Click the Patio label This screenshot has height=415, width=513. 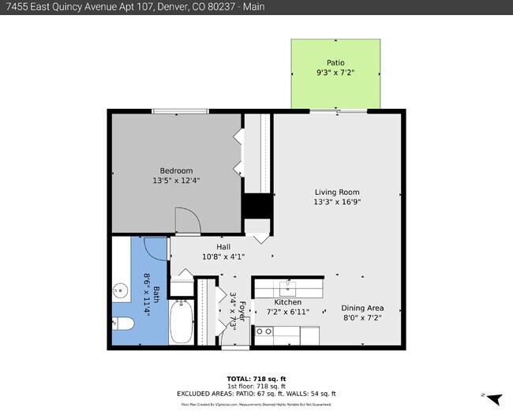336,62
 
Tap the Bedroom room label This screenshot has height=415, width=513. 176,170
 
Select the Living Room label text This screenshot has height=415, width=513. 337,192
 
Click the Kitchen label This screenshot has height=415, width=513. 287,303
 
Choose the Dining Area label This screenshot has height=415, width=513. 362,308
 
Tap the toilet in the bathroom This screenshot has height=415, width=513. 123,323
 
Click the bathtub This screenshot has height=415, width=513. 182,322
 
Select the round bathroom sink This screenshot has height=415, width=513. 121,290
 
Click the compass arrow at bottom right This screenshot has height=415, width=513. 495,400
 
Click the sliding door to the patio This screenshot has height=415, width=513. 338,111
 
